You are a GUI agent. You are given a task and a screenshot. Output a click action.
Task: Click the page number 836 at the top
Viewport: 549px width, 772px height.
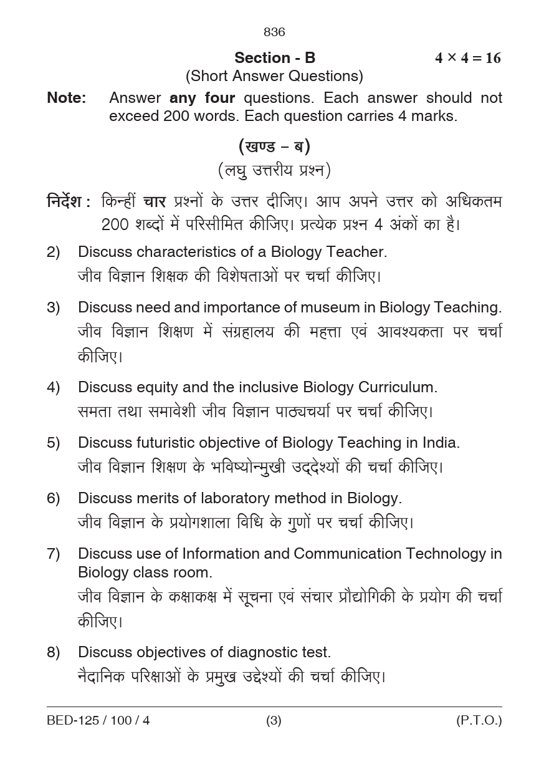(x=274, y=32)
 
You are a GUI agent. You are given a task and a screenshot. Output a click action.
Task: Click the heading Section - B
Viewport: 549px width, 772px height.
(x=275, y=58)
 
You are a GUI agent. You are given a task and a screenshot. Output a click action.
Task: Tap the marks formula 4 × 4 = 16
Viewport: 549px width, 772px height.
(x=467, y=58)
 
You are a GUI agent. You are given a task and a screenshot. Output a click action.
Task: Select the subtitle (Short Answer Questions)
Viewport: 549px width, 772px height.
(x=274, y=76)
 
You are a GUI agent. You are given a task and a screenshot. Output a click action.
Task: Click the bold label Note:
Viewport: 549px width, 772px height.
(x=66, y=98)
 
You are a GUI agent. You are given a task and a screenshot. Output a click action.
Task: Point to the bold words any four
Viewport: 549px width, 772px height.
(x=202, y=98)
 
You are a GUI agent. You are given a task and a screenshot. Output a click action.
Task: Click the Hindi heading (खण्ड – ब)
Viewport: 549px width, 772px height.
(x=274, y=147)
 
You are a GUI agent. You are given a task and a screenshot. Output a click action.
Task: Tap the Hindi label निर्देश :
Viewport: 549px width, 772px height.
(x=69, y=202)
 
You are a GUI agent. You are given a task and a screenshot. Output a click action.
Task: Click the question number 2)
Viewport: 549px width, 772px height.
(x=54, y=252)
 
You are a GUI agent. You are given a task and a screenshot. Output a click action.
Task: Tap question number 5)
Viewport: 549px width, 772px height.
(x=54, y=443)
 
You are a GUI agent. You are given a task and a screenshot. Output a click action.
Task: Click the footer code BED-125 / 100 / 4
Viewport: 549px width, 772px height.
(x=98, y=721)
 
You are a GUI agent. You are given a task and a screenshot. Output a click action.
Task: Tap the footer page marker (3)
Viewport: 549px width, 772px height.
(x=274, y=721)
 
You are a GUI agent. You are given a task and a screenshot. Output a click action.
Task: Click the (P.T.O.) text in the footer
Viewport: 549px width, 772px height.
(x=479, y=721)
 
